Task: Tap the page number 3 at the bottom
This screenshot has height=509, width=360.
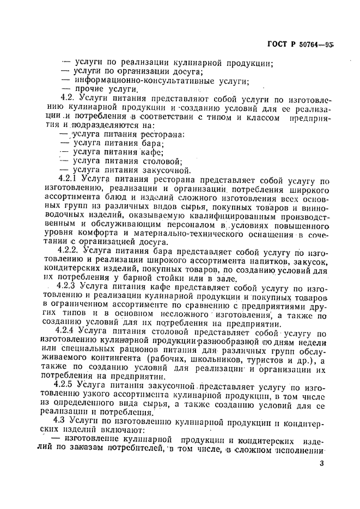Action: coord(322,463)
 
